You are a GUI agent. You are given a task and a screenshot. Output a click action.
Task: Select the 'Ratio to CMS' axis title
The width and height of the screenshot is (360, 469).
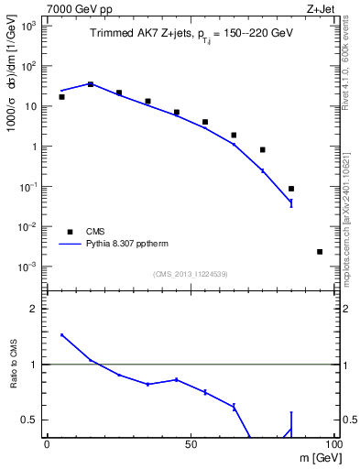coord(14,376)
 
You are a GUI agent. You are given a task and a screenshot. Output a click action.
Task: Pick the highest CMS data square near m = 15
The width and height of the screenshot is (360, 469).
coord(90,84)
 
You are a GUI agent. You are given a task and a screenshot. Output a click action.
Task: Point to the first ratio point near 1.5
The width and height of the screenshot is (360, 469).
coord(61,335)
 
